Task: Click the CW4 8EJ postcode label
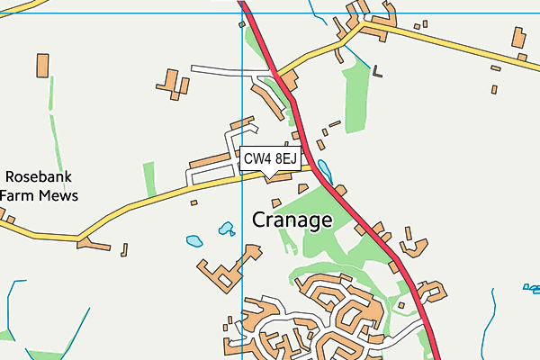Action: (269, 159)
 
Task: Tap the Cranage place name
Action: (292, 220)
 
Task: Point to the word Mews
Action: (58, 195)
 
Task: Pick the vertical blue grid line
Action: (243, 270)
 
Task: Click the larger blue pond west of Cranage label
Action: (194, 241)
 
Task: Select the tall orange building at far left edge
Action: (42, 67)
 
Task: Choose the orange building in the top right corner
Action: (518, 38)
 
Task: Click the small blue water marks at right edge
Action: (532, 289)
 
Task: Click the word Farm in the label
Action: (18, 195)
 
